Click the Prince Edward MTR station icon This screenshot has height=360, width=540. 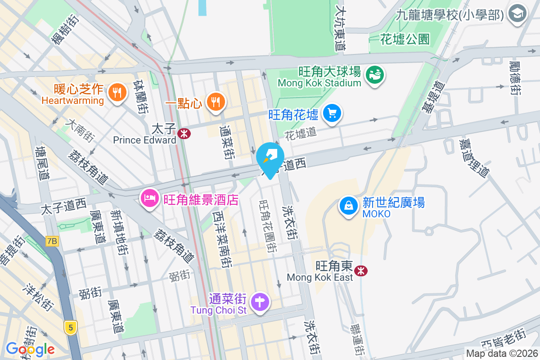pos(183,133)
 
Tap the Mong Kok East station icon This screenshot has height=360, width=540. pos(360,270)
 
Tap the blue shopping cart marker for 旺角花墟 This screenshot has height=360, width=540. pos(333,112)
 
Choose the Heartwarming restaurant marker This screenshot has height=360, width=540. pos(117,93)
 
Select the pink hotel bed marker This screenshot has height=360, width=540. pos(148,198)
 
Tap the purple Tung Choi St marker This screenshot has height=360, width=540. pos(260,301)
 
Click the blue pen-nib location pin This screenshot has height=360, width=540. pos(270,159)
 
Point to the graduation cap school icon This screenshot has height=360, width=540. pos(517,13)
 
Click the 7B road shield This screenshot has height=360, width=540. pos(52,242)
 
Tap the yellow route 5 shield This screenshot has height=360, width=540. pos(70,327)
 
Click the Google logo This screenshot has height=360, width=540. pos(30,349)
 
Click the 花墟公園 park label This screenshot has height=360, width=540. pos(405,39)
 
